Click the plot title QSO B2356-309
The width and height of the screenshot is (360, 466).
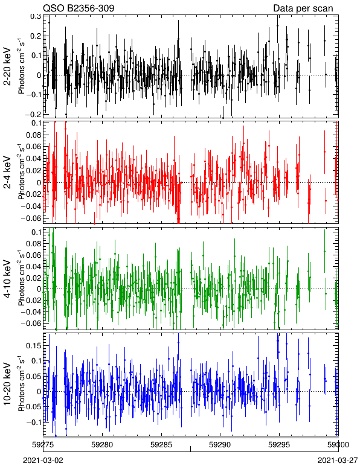pos(79,8)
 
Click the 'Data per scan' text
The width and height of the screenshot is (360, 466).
pos(303,8)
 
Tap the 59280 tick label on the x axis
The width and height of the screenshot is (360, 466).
pos(102,445)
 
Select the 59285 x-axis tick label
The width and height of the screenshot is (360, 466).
pos(161,445)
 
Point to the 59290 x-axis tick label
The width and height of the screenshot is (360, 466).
pos(220,445)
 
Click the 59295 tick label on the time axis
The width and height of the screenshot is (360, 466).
pos(280,445)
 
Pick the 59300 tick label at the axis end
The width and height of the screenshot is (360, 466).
pos(338,445)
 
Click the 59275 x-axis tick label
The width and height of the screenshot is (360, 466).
pos(43,445)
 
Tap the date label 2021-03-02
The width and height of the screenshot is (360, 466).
pos(43,461)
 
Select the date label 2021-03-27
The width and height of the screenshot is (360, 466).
pos(338,461)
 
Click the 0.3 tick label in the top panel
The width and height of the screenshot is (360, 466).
pos(36,16)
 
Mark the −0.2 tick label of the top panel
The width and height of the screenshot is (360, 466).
pos(33,115)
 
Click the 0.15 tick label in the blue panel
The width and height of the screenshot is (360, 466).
pos(33,346)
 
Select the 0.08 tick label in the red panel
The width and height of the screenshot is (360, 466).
pos(33,135)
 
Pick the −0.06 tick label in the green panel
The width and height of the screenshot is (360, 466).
pos(31,323)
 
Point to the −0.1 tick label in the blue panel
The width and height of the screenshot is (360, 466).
pos(33,422)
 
